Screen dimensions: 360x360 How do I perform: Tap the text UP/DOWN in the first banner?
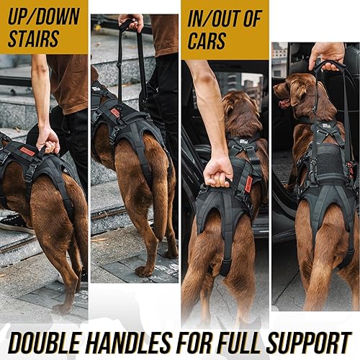[x=43, y=16]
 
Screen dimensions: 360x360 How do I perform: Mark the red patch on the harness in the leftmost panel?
[x=27, y=151]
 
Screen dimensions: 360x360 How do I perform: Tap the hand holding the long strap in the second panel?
[x=132, y=22]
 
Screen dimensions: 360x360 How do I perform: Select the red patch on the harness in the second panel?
[x=115, y=112]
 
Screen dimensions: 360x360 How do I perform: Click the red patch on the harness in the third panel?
[x=248, y=183]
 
